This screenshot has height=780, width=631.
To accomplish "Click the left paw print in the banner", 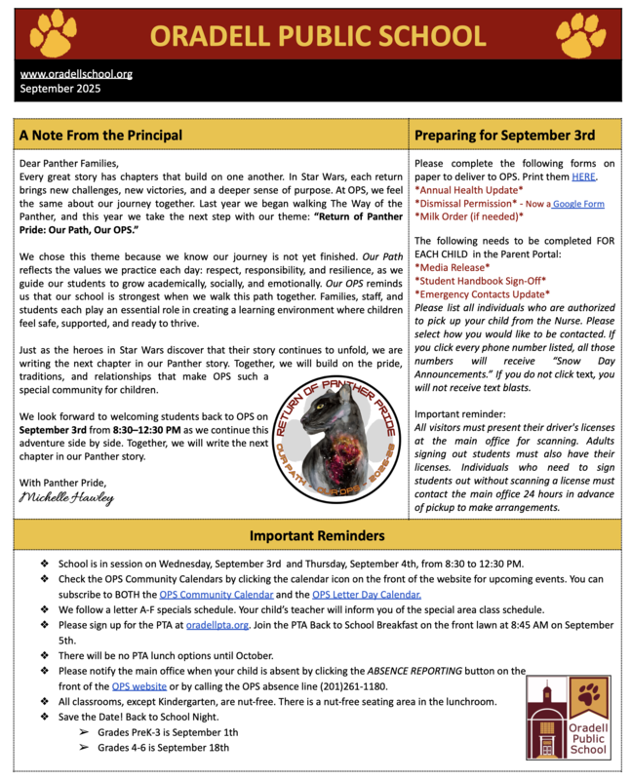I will click(x=53, y=34).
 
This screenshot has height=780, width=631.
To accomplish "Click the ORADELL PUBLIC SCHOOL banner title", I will click(x=317, y=36).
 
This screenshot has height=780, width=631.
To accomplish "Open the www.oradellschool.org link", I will click(x=76, y=73).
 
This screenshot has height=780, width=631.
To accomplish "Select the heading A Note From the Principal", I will click(x=100, y=134).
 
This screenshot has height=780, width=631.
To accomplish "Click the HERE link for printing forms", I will click(x=583, y=176).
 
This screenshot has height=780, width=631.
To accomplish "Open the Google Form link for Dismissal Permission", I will click(x=578, y=204).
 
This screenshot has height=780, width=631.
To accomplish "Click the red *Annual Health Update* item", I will click(x=468, y=190).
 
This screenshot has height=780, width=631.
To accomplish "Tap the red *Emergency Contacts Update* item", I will click(x=482, y=292).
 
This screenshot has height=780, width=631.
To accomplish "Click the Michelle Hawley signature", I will click(x=66, y=497).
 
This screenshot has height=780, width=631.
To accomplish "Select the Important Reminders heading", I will click(x=317, y=535).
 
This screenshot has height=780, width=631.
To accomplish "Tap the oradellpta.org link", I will click(x=217, y=624).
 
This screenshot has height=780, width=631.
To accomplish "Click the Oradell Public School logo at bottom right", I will click(x=573, y=718).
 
